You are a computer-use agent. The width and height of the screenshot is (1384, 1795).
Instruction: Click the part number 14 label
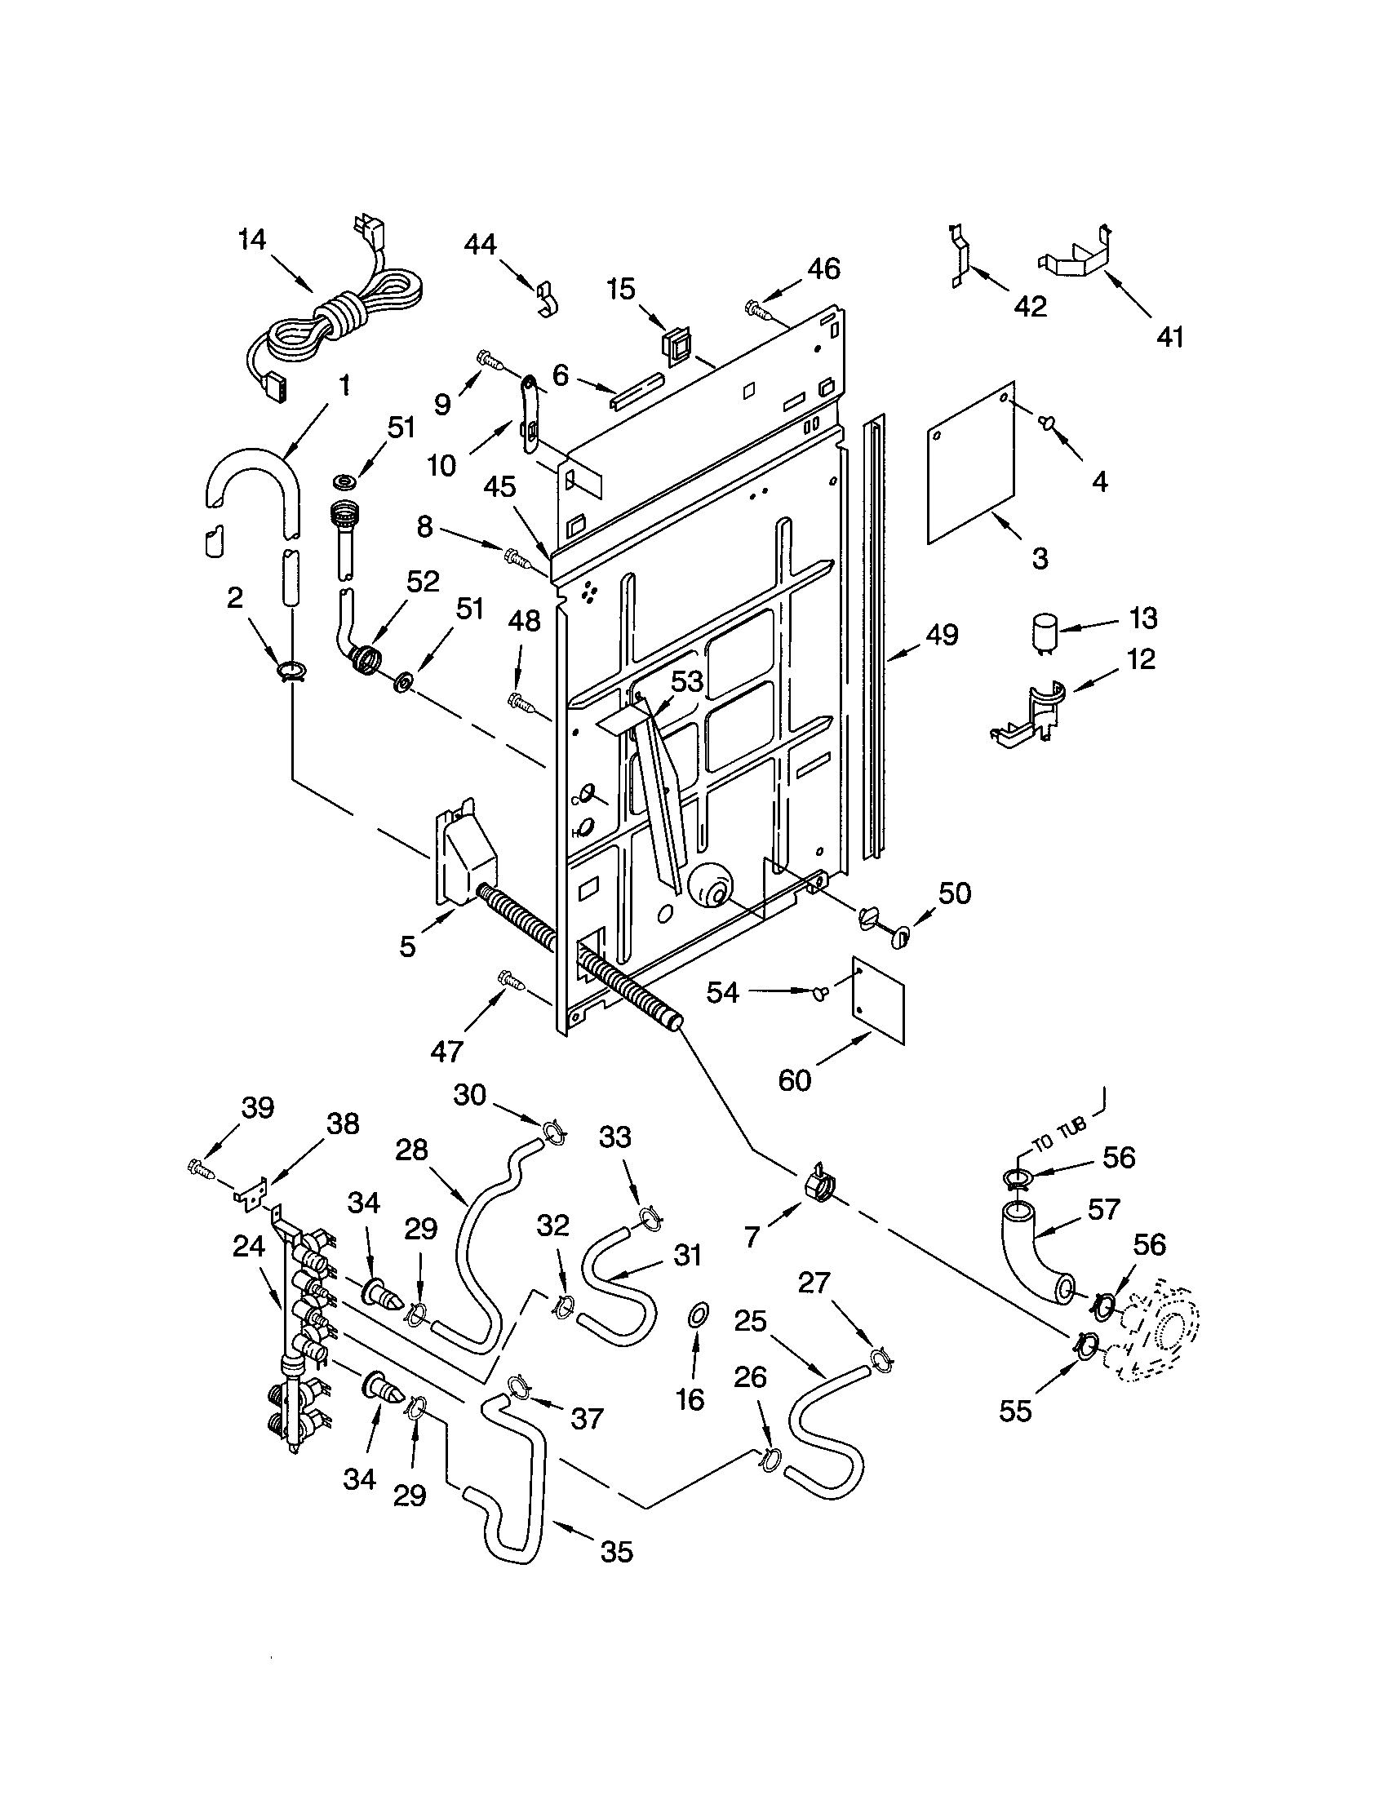(252, 240)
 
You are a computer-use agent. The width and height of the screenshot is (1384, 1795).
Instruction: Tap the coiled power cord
(345, 317)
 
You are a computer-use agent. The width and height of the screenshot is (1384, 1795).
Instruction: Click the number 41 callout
(1169, 336)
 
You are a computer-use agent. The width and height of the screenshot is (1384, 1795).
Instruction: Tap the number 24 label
(248, 1247)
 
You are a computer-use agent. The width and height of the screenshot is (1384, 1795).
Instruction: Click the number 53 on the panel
(687, 681)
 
